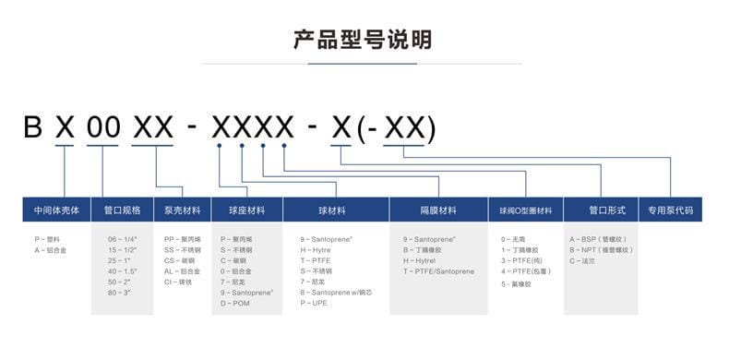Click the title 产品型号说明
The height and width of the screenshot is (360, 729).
tap(362, 40)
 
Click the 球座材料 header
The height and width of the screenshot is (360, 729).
tap(246, 210)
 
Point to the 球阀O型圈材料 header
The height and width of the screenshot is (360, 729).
tap(525, 210)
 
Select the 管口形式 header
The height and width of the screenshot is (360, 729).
tap(601, 210)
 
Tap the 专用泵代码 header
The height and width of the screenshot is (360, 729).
tap(670, 210)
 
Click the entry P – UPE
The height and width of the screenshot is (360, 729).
tap(314, 303)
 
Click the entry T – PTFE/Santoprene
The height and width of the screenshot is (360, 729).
tap(438, 271)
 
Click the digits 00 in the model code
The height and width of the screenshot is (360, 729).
tap(103, 127)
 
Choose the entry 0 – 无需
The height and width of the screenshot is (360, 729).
tap(513, 238)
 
